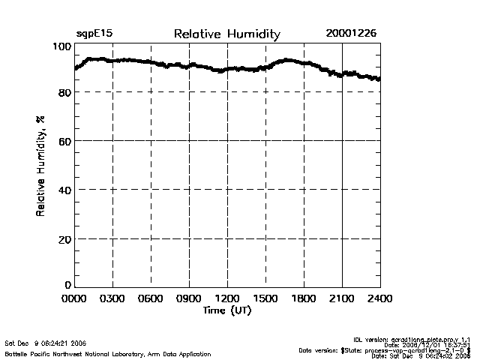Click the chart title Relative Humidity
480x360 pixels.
pyautogui.click(x=226, y=34)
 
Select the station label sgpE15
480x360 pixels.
pyautogui.click(x=94, y=34)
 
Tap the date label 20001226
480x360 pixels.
pyautogui.click(x=351, y=34)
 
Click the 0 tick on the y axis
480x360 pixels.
pyautogui.click(x=67, y=284)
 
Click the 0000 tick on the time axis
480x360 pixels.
pyautogui.click(x=75, y=298)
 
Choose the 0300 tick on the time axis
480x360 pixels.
pyautogui.click(x=113, y=298)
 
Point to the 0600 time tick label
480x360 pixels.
pyautogui.click(x=151, y=298)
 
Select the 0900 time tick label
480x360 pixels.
pyautogui.click(x=190, y=298)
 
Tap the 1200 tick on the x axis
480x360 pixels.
pyautogui.click(x=227, y=298)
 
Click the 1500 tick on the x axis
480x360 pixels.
pyautogui.click(x=265, y=298)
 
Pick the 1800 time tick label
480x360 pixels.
pyautogui.click(x=304, y=298)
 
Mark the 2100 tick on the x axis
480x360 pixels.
pyautogui.click(x=342, y=298)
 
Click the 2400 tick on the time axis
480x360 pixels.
pyautogui.click(x=379, y=298)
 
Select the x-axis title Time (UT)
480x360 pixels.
pyautogui.click(x=226, y=310)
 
